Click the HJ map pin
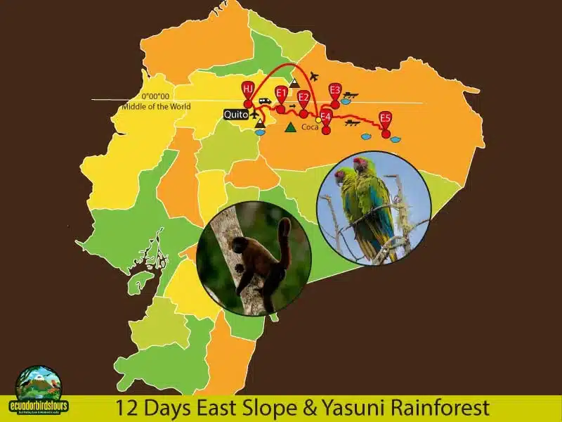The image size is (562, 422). (x=248, y=89)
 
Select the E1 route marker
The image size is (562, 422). (x=281, y=93)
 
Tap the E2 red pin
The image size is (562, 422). (x=303, y=98)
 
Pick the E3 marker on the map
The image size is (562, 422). (x=335, y=90)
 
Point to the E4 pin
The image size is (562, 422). (x=326, y=116)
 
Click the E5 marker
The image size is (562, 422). (x=385, y=118)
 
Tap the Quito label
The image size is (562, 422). (x=235, y=114)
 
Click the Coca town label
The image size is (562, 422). (x=309, y=127)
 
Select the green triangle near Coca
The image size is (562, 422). (x=290, y=127)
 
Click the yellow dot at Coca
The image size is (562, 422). (x=318, y=120)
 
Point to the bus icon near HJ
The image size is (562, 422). (x=265, y=101)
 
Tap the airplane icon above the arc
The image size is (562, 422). (x=313, y=76)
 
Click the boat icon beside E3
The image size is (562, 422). (x=351, y=94)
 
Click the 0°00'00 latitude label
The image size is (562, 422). (x=155, y=96)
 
